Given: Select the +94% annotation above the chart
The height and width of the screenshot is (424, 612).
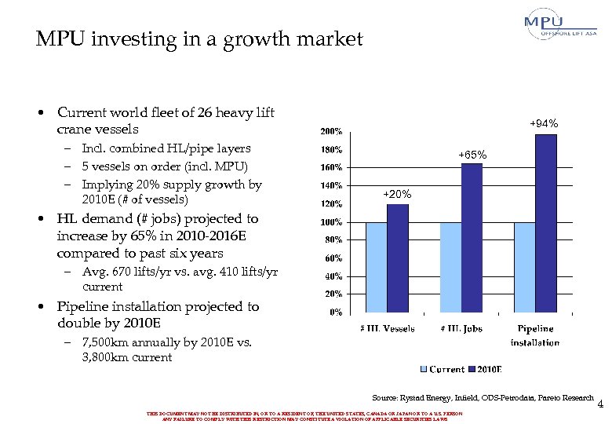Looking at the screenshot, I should [543, 123].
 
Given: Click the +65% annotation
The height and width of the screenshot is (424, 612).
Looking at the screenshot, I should [472, 155].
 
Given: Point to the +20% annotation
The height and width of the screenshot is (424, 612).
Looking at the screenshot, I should [397, 194].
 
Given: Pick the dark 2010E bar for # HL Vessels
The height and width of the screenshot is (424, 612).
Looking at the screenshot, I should [398, 258].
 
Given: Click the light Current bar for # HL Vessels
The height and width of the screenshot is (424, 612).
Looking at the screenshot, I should [377, 267].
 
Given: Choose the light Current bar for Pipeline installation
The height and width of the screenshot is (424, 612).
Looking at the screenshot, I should [524, 267].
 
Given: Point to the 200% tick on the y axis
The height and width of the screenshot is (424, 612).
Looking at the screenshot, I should [330, 131].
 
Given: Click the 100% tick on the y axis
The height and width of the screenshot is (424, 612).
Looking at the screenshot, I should [330, 222].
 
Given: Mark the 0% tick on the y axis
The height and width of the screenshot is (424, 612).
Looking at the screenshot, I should [334, 313].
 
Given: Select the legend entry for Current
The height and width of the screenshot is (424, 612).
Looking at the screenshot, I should [443, 369].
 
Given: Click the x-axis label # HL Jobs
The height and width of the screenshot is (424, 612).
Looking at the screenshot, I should [461, 328].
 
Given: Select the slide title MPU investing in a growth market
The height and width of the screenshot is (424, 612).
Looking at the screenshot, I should [199, 38].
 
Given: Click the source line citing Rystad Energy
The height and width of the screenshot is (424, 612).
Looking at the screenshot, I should [483, 399].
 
